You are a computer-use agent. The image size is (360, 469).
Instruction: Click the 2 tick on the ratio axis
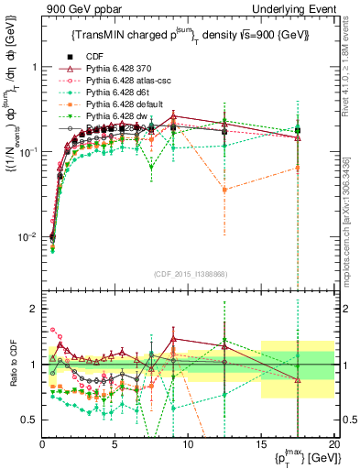[33, 309]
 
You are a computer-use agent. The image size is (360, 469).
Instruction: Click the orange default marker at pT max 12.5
[224, 190]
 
